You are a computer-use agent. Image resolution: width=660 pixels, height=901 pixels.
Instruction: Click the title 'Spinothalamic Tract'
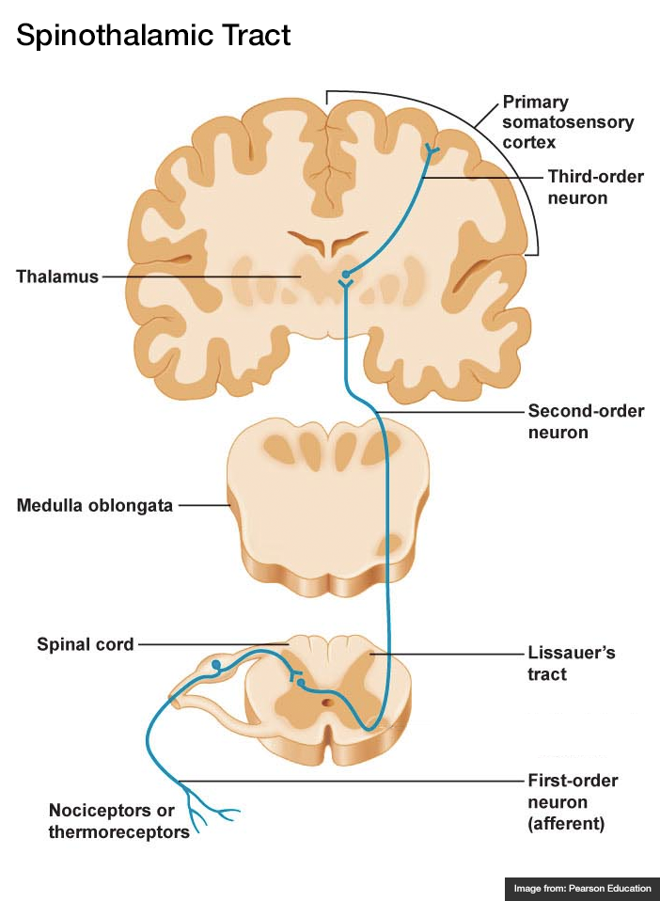pos(153,36)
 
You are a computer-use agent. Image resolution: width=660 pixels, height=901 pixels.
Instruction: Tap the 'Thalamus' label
pos(57,277)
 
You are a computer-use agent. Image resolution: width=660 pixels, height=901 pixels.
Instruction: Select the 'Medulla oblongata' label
pos(95,505)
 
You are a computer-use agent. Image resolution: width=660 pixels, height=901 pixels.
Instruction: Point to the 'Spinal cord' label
pos(86,644)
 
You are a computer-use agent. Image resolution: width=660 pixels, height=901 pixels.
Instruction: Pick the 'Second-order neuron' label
pos(585,422)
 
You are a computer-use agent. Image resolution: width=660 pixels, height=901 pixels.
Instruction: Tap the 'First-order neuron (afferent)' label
pos(572,802)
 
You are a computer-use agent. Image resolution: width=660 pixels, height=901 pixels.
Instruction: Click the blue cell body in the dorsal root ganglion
pos(217,665)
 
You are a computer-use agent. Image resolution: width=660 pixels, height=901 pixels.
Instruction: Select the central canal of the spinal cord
pos(326,702)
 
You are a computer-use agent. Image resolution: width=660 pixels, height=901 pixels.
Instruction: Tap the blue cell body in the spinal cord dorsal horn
pos(300,682)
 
